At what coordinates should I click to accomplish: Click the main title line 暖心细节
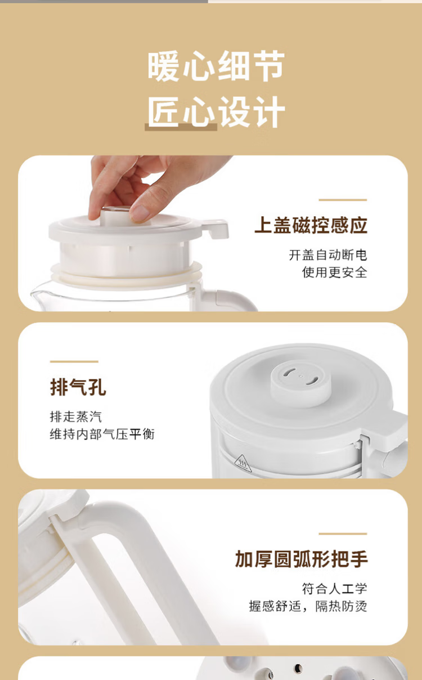click(216, 66)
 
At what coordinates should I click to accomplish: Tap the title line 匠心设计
click(216, 111)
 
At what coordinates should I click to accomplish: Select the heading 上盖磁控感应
click(311, 225)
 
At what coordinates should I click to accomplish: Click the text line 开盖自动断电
click(328, 255)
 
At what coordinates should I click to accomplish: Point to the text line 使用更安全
click(335, 272)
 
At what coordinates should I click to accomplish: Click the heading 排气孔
click(78, 387)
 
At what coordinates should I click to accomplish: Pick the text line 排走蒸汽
click(76, 417)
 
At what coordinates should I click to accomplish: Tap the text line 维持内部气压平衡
click(102, 434)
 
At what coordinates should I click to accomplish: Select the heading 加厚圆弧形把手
click(301, 559)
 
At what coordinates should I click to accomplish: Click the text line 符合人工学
click(335, 589)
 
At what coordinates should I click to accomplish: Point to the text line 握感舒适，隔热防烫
click(308, 606)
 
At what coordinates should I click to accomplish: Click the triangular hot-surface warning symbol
click(243, 463)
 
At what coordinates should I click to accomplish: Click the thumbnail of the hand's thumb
click(140, 213)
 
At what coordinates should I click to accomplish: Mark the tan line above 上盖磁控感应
click(343, 200)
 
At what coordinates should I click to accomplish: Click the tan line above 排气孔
click(74, 361)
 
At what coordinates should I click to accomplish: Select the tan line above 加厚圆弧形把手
click(343, 534)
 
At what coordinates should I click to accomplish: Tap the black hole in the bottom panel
click(298, 668)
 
